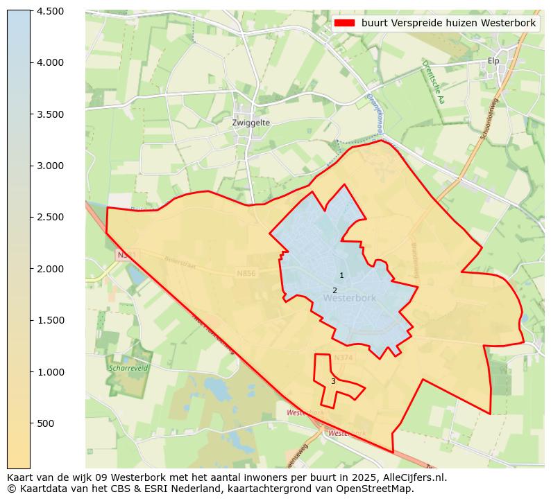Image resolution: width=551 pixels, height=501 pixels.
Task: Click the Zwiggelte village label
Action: click(251, 123)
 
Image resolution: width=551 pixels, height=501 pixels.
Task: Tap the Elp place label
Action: click(493, 61)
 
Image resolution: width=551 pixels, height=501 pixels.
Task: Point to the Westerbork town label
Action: click(349, 298)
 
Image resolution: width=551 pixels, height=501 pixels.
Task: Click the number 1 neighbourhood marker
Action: click(341, 276)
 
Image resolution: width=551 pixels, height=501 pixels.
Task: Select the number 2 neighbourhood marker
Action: click(334, 291)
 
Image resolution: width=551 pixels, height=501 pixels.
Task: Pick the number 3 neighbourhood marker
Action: click(333, 382)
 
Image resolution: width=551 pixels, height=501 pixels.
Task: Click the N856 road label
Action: click(246, 274)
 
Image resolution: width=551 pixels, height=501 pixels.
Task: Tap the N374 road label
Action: click(343, 358)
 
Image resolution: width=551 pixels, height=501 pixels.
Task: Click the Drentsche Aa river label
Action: click(433, 82)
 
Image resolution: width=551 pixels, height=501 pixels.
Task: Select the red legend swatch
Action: click(344, 23)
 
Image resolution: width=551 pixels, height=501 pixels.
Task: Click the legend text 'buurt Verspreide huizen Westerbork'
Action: click(448, 23)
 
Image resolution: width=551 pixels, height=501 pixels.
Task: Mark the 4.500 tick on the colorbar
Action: click(50, 11)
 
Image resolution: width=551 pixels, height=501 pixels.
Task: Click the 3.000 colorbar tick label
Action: click(50, 166)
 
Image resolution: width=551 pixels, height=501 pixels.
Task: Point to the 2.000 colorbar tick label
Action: click(50, 269)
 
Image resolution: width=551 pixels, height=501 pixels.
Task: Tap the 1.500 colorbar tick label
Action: click(50, 320)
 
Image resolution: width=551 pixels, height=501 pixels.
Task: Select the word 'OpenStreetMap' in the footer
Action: click(379, 489)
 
